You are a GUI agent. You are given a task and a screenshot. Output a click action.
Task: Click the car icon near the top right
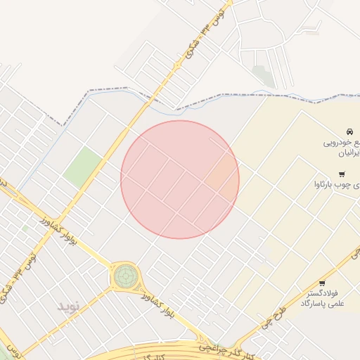pyautogui.click(x=349, y=131)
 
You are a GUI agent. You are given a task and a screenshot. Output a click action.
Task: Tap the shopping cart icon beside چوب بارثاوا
pyautogui.click(x=342, y=174)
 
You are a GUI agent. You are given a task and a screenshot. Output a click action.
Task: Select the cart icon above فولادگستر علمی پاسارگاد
pyautogui.click(x=322, y=283)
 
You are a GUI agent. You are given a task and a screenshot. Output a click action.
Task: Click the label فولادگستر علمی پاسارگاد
pyautogui.click(x=321, y=297)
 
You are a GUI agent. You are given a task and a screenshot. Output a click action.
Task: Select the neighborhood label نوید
pyautogui.click(x=70, y=306)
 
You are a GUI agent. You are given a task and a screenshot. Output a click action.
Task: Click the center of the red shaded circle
pyautogui.click(x=180, y=179)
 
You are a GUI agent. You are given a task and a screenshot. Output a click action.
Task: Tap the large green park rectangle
pyautogui.click(x=83, y=167)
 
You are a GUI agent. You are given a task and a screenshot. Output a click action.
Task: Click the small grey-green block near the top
pyautogui.click(x=263, y=75)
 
